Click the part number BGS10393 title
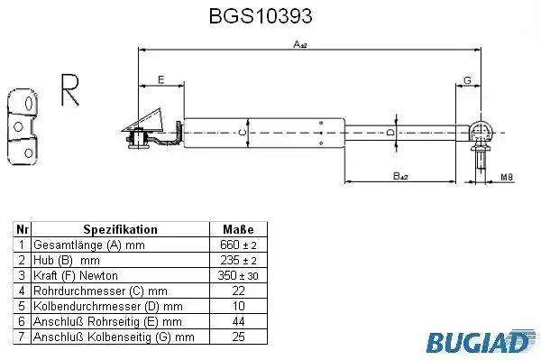click(x=261, y=16)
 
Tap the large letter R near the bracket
click(x=69, y=89)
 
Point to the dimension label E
click(x=161, y=79)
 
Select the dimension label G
click(x=467, y=80)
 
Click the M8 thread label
click(x=507, y=177)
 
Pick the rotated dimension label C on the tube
click(x=243, y=133)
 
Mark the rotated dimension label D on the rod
click(x=390, y=133)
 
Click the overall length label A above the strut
click(x=300, y=44)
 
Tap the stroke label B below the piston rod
click(x=400, y=176)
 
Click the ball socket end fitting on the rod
click(x=480, y=131)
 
